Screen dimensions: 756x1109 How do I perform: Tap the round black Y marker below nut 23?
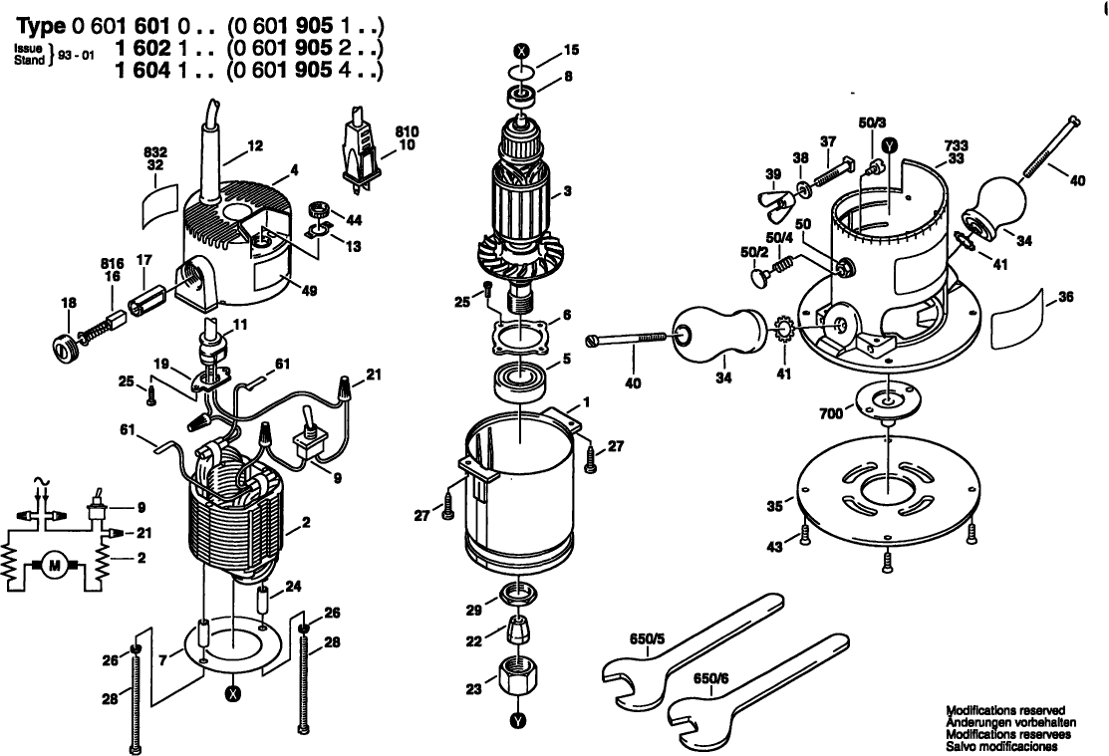click(516, 720)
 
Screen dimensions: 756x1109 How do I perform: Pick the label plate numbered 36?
click(1014, 320)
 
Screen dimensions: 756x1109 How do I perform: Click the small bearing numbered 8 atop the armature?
click(520, 97)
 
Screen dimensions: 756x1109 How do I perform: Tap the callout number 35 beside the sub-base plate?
click(774, 507)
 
